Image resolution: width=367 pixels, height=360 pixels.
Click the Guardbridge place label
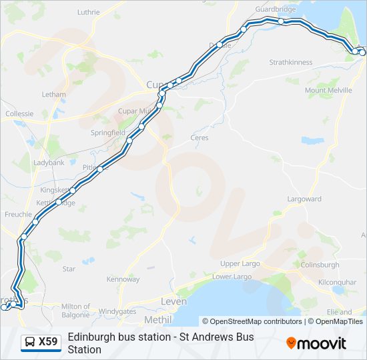point(276,9)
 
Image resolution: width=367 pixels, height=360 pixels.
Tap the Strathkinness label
point(290,62)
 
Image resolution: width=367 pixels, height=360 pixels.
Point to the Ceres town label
point(200,138)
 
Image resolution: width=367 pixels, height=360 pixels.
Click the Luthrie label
point(88,12)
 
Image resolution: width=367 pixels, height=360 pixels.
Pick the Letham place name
point(53,95)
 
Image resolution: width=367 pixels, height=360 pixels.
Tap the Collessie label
point(19,114)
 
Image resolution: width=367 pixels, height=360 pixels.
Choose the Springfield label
point(108,133)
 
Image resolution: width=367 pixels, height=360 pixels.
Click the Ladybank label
point(49,163)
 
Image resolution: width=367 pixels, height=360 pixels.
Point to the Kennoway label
point(123,279)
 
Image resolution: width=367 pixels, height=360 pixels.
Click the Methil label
point(157,320)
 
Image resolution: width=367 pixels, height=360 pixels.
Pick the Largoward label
point(304,199)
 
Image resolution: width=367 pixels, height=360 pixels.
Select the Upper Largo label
point(240,263)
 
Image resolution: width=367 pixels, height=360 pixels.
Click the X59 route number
point(48,342)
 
